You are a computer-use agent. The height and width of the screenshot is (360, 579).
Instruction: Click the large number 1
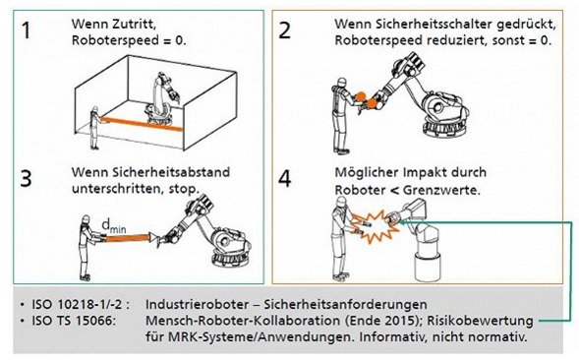click(x=26, y=30)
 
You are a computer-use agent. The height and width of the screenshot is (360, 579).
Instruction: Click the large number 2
click(x=284, y=30)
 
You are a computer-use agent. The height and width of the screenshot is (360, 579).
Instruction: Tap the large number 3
click(x=26, y=178)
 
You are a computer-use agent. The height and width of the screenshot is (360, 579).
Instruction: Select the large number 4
click(x=284, y=178)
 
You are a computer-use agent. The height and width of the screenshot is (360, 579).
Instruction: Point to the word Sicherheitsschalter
click(x=434, y=25)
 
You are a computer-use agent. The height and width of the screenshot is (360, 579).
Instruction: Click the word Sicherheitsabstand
click(x=171, y=172)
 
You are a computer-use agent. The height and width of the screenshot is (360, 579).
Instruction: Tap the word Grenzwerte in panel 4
click(x=440, y=191)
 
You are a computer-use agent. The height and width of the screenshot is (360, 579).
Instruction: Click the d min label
click(x=113, y=225)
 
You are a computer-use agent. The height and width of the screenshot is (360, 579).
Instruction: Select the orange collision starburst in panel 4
click(x=375, y=226)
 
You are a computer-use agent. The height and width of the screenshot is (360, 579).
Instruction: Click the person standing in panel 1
click(x=95, y=128)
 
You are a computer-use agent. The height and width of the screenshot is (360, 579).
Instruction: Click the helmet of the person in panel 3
click(x=87, y=218)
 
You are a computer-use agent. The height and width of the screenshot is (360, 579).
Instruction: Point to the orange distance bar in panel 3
click(x=127, y=238)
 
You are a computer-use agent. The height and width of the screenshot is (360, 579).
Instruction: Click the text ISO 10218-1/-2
click(x=81, y=304)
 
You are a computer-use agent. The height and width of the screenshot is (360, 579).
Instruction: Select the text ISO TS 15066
click(x=74, y=321)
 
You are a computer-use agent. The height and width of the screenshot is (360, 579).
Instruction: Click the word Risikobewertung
click(x=480, y=321)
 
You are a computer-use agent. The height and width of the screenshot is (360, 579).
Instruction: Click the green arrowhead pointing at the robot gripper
click(x=403, y=222)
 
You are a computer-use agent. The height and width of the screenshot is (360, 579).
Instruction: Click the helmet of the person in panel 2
click(x=342, y=82)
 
